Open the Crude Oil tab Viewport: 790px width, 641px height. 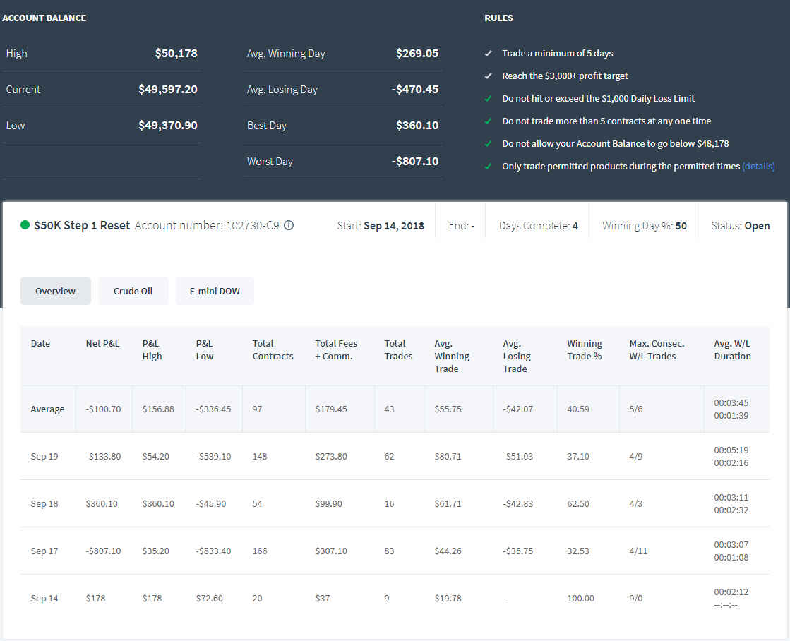(x=133, y=291)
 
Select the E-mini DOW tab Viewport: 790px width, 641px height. (x=215, y=291)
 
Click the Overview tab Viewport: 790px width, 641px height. (x=56, y=291)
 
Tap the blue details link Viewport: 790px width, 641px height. (x=758, y=167)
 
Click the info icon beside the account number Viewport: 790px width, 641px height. (x=289, y=225)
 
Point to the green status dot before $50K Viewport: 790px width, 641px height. (x=25, y=224)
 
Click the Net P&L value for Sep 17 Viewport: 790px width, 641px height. (x=103, y=551)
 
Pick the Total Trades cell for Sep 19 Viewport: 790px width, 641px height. (x=389, y=456)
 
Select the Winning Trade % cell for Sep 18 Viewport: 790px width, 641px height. (x=578, y=503)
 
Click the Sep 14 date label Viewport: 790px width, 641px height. (x=44, y=598)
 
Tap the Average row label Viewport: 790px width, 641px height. (x=47, y=409)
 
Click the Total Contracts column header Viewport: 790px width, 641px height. (x=273, y=349)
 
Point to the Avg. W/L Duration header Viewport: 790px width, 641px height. (x=732, y=349)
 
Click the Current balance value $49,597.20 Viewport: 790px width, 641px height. (x=168, y=89)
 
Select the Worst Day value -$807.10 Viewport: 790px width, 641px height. (x=415, y=161)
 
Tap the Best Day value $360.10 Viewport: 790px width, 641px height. (x=417, y=125)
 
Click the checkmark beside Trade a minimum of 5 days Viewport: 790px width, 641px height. (x=488, y=53)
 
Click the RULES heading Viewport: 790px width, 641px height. (x=499, y=18)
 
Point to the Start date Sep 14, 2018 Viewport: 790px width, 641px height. (x=393, y=226)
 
